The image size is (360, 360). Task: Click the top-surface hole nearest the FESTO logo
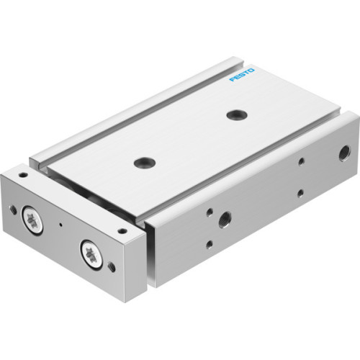[x=234, y=114]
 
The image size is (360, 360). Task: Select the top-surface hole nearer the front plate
[x=143, y=163]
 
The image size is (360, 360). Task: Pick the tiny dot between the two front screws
[x=60, y=224]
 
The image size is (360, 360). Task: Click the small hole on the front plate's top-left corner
[x=24, y=175]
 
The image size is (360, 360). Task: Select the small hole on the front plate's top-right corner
[x=122, y=232]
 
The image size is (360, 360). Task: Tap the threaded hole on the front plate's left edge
[x=13, y=210]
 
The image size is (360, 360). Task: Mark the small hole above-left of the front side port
[x=207, y=211]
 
